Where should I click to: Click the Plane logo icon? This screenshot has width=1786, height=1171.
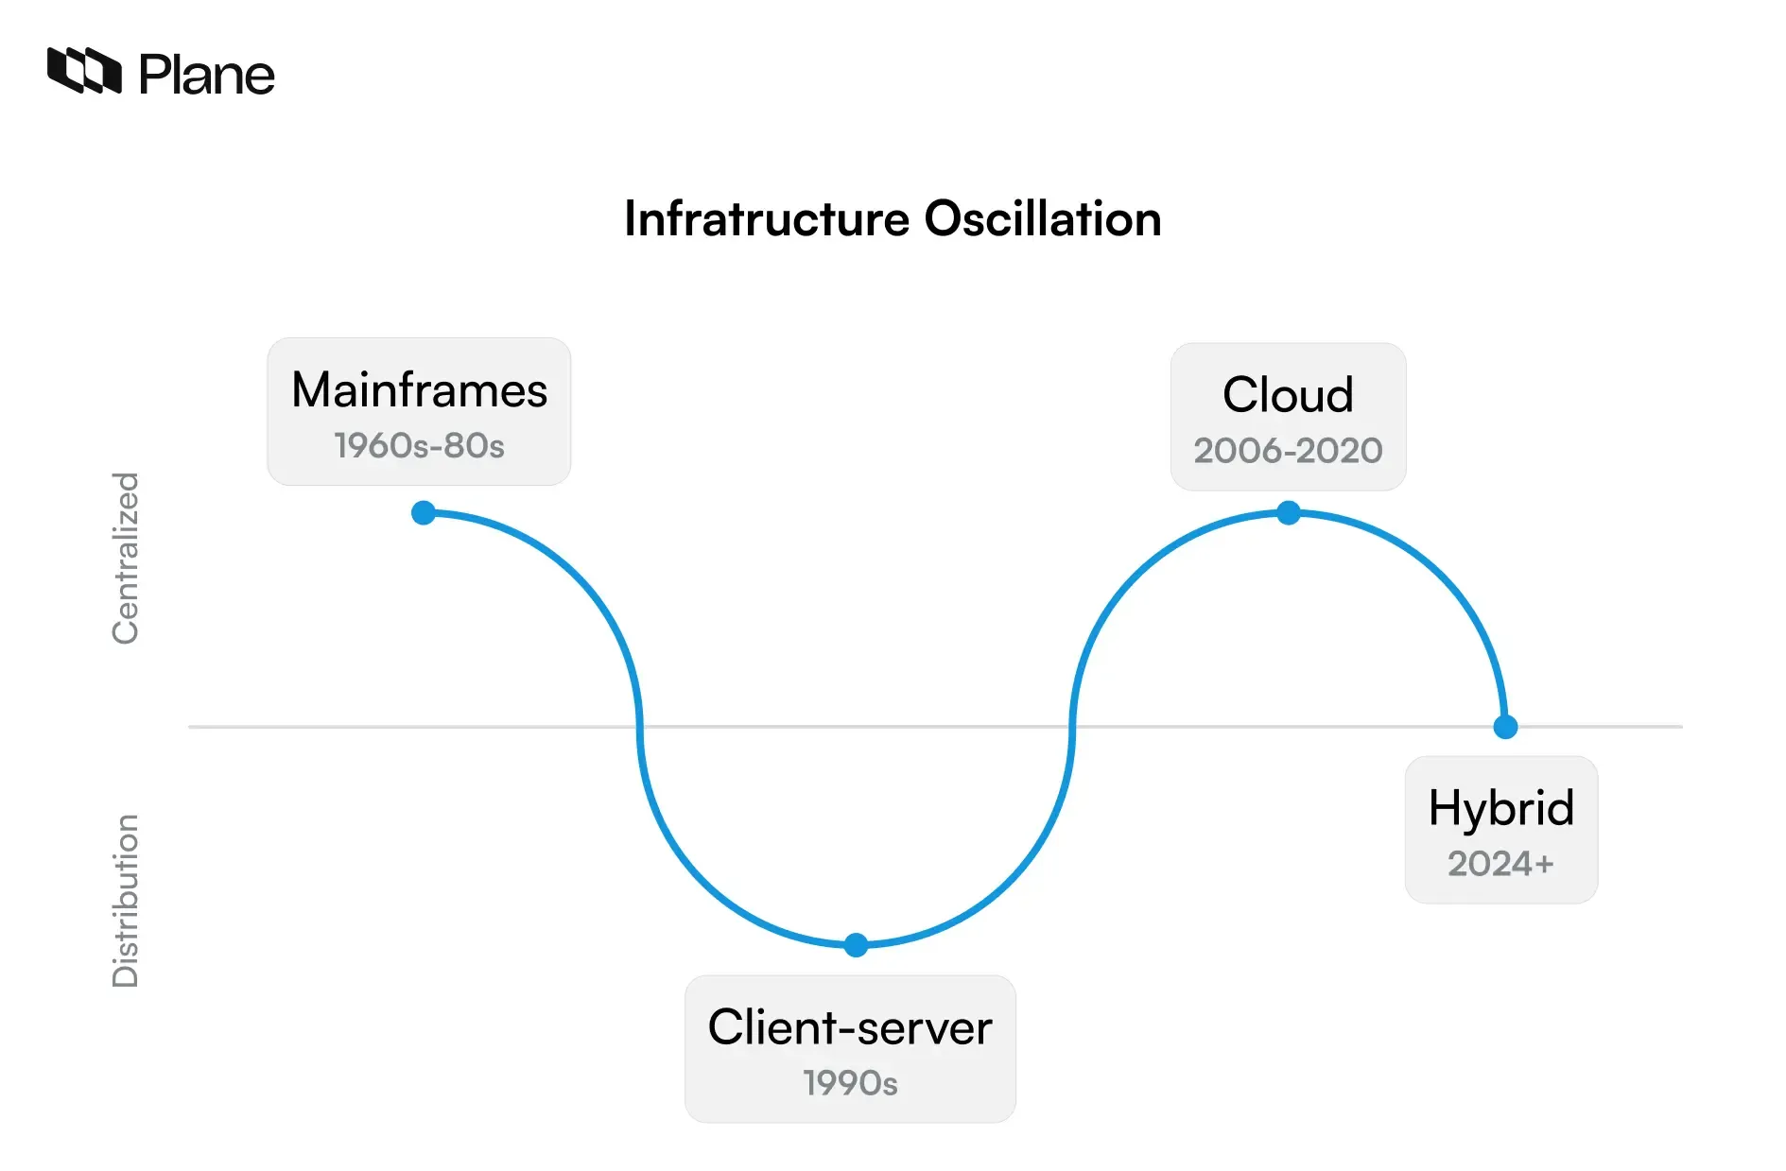84,71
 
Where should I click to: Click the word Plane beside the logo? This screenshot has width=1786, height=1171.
207,75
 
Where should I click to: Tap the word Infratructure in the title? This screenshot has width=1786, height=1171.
767,219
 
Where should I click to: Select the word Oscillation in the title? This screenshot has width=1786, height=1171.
1042,219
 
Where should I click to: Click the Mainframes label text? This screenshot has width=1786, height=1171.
419,390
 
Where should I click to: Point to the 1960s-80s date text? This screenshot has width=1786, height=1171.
419,446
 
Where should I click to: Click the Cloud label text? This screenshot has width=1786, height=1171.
1288,395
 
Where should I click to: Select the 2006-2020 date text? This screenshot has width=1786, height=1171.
1288,451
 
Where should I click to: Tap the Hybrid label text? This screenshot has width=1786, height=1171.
1501,808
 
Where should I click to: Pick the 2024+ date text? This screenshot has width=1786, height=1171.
1500,864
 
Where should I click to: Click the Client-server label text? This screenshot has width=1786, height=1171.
850,1027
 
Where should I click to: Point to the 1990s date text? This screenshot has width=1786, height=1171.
850,1083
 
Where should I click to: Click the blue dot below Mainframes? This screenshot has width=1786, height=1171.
424,513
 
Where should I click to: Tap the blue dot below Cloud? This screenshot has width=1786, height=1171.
1288,513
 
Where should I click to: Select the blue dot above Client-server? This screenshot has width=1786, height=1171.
856,945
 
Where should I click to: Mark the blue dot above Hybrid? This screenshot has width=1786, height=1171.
1505,727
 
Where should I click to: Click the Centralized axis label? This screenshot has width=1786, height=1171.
126,559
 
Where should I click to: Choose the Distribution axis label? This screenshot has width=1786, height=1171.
126,901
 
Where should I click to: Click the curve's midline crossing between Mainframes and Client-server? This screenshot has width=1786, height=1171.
640,727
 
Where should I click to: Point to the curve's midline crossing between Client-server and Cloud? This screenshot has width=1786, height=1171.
1072,727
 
